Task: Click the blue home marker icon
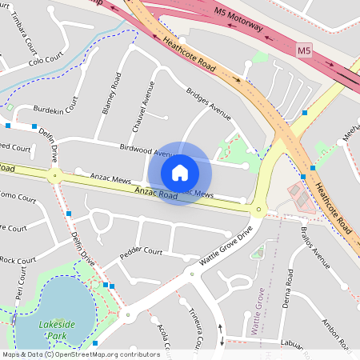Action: click(x=180, y=172)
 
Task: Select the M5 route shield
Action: click(x=303, y=51)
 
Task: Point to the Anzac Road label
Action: click(x=156, y=193)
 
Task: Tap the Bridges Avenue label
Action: click(x=208, y=104)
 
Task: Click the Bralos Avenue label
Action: click(x=316, y=247)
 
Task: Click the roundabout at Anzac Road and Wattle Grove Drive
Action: click(x=258, y=210)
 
